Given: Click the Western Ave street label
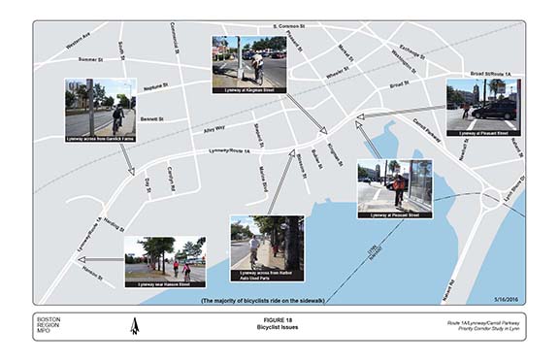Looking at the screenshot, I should point(78,42).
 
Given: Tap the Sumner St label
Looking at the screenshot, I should point(90,59).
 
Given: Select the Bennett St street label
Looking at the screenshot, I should point(150,118).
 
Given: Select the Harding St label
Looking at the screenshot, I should point(114,225).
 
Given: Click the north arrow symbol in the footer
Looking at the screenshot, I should point(135,327).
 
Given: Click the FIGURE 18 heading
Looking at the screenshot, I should point(279,318).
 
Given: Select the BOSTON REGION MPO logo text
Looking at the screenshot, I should point(49,325).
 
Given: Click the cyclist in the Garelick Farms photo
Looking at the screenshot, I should point(117,118).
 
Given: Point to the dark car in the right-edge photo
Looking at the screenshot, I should point(493,110).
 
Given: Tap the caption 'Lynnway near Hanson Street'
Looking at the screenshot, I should point(164,284).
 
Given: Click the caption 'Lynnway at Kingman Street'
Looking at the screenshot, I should point(249,89).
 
